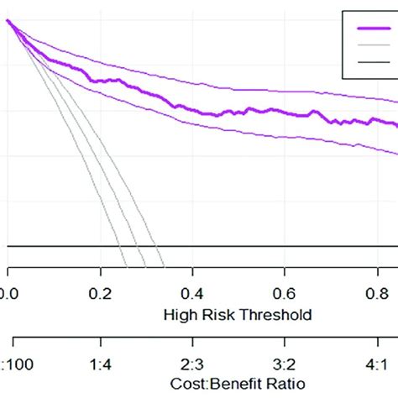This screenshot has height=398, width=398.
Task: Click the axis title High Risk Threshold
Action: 240,315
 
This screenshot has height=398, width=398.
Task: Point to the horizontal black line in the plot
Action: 252,246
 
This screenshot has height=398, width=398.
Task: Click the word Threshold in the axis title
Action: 281,315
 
